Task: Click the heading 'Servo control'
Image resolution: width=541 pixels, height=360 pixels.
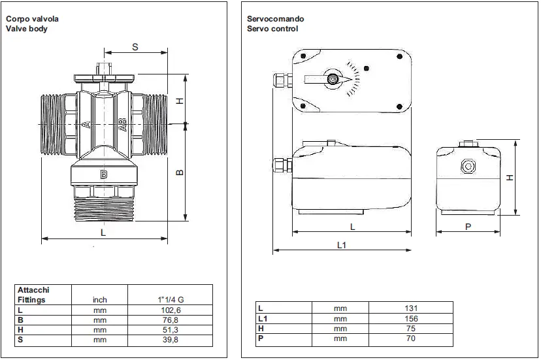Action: click(272, 29)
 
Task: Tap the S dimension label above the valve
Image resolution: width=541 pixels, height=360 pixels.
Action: click(135, 46)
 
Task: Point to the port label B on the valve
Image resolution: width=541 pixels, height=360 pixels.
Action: click(103, 174)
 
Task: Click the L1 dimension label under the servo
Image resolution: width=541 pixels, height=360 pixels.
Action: click(341, 245)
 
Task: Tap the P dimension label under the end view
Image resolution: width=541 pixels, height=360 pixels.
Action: click(468, 227)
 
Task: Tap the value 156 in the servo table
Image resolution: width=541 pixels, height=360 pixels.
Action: click(411, 319)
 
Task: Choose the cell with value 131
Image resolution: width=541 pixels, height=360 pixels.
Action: click(411, 308)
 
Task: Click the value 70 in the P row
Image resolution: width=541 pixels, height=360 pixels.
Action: click(411, 339)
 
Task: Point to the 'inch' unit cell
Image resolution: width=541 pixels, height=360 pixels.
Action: click(100, 299)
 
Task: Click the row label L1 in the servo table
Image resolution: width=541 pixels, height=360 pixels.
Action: click(263, 319)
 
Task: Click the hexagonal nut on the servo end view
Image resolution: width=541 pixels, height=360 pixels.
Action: click(467, 166)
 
